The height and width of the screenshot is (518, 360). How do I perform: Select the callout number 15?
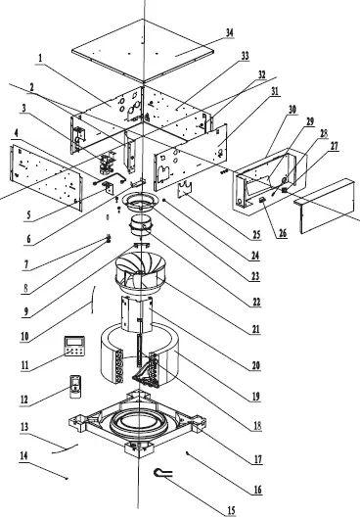coord(232,510)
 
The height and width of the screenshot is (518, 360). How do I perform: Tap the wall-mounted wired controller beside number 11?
coord(73,345)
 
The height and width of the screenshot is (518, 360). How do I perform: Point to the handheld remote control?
coord(76,388)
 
